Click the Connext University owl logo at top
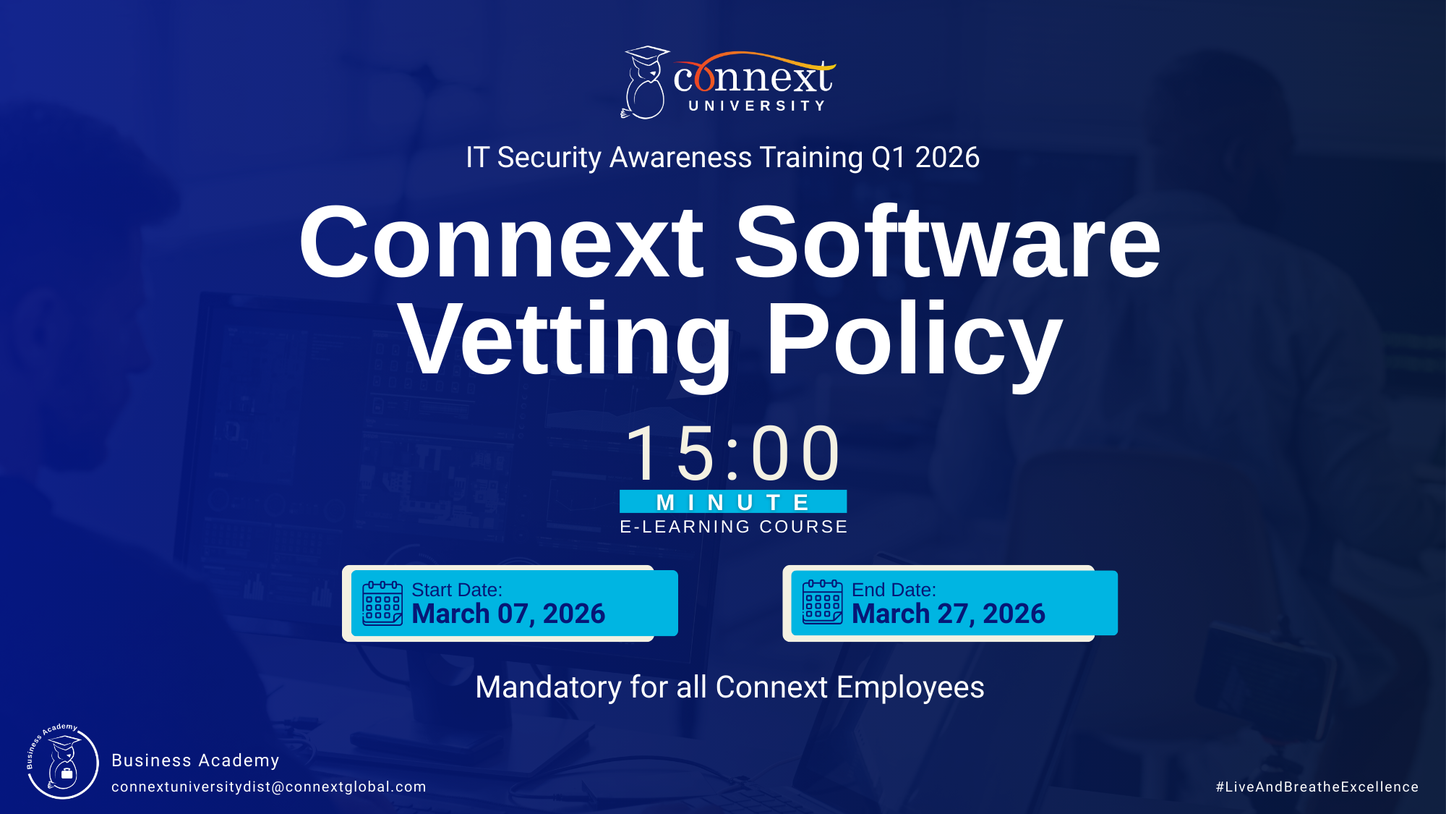[645, 82]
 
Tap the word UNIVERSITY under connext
[756, 106]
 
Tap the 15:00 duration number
[733, 454]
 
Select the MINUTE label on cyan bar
[733, 502]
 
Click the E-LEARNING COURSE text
[733, 527]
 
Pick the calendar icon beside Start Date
[382, 603]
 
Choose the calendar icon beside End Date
[823, 602]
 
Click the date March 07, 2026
[508, 614]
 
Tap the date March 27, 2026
[949, 614]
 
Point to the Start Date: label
[457, 590]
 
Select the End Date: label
[894, 590]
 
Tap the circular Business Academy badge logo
[63, 762]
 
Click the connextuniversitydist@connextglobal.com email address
[269, 787]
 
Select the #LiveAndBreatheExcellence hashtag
[1317, 787]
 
